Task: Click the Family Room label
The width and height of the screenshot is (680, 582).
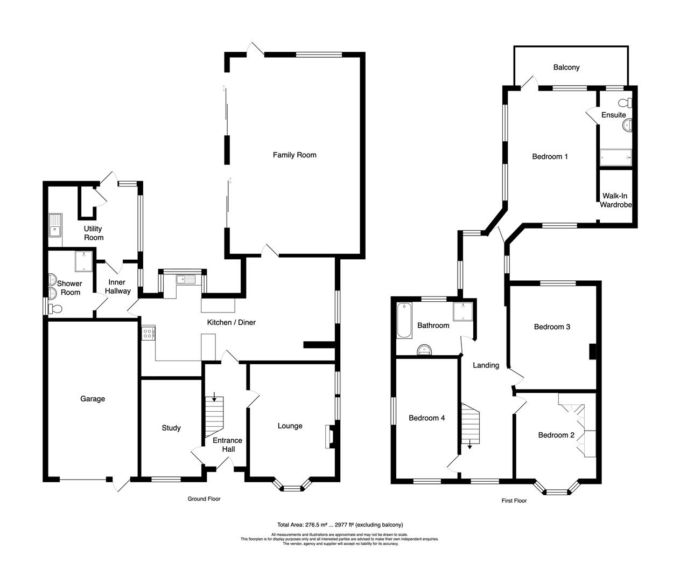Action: tap(294, 155)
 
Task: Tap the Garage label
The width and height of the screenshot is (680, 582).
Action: tap(93, 399)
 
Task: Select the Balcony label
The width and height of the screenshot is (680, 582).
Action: tap(566, 67)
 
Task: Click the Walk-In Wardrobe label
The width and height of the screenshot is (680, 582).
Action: tap(616, 200)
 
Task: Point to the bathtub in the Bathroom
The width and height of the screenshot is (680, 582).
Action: tap(403, 321)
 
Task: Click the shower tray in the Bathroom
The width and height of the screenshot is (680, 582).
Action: tap(462, 311)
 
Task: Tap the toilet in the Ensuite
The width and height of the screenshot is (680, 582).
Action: tap(626, 102)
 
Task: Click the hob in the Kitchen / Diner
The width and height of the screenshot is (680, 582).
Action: tap(148, 332)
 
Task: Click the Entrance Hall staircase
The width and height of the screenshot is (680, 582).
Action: tap(214, 418)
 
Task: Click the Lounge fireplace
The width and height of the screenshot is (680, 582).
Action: tap(329, 436)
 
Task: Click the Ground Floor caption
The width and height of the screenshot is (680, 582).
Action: tap(204, 499)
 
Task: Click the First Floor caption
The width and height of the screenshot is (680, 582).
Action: tap(514, 501)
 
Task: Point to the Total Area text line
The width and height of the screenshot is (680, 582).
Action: tap(340, 525)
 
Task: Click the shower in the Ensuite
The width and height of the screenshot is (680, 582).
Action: tap(615, 156)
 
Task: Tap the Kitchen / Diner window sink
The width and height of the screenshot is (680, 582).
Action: tap(182, 279)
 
